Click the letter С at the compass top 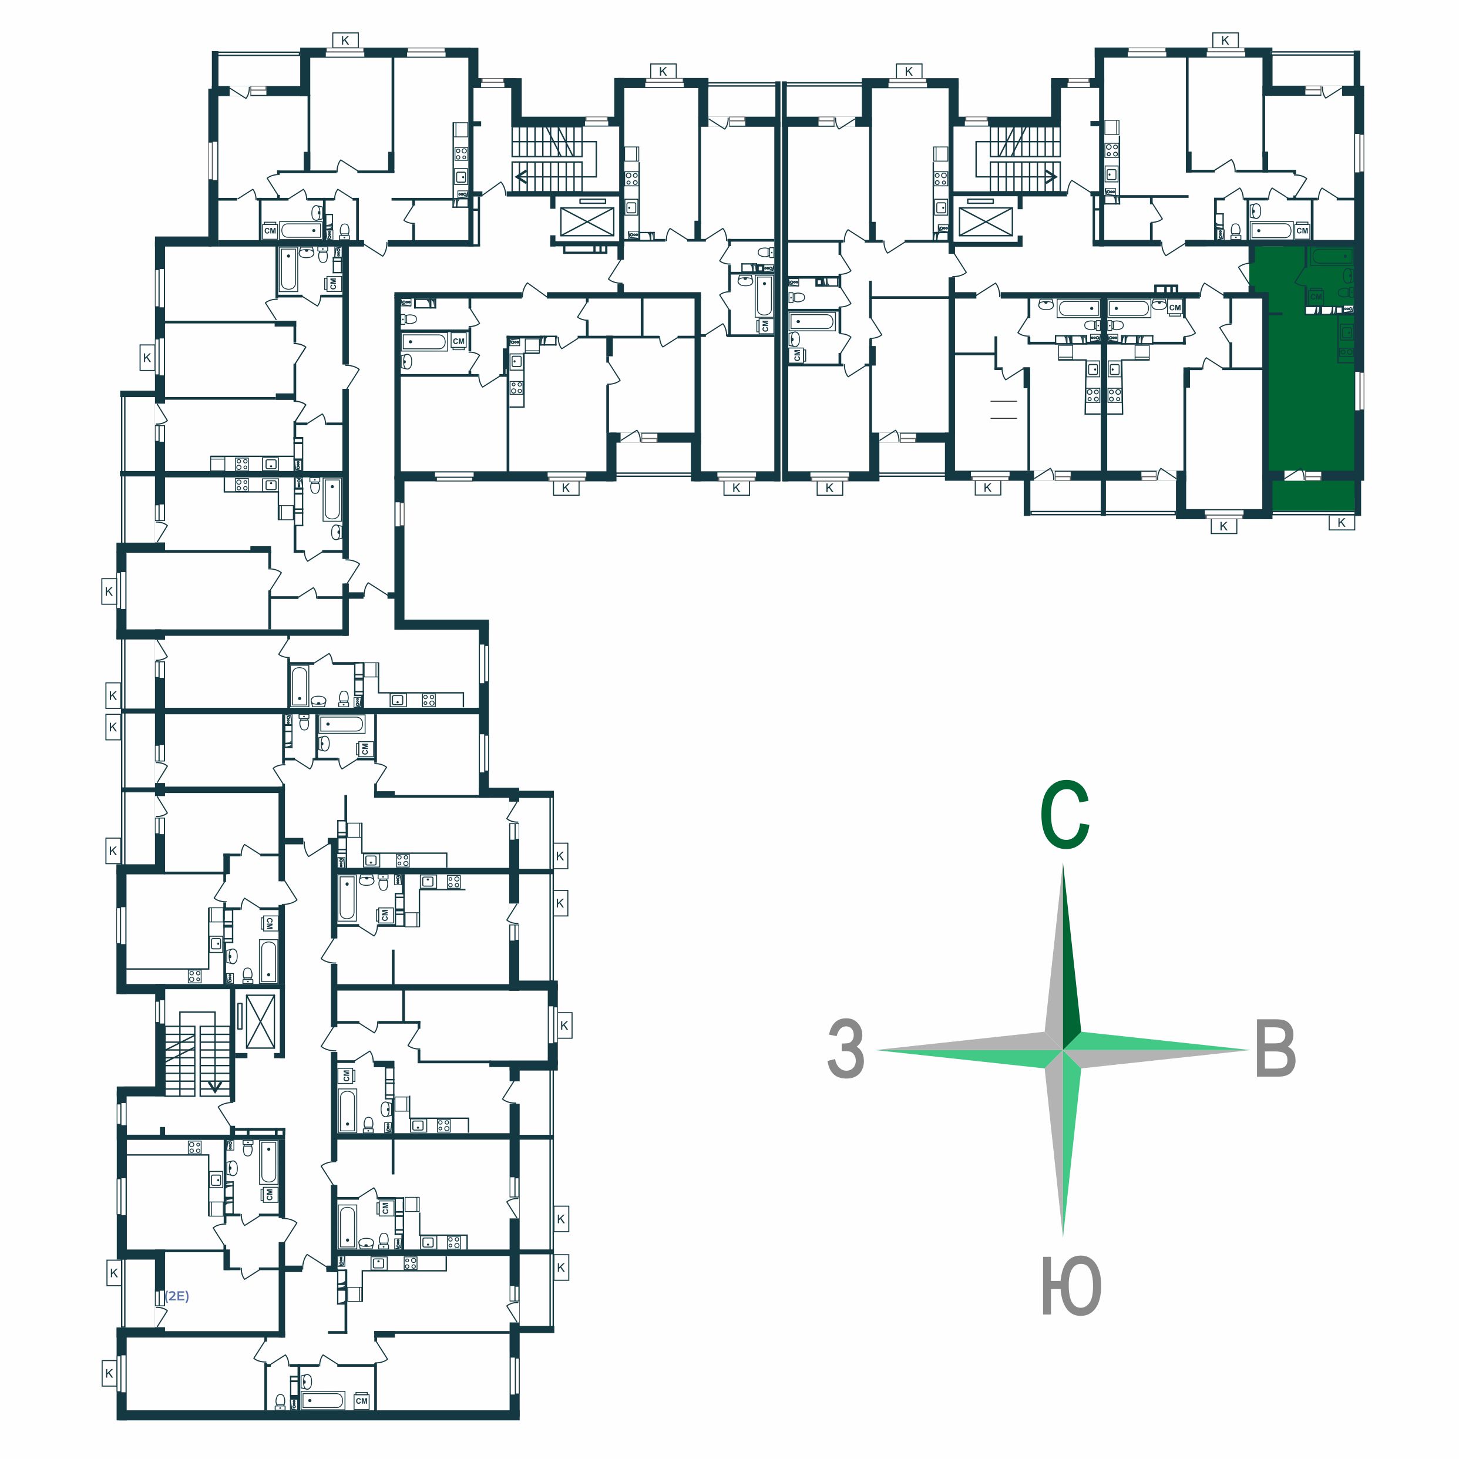click(x=1064, y=816)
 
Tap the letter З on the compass click(x=845, y=1049)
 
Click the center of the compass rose click(x=1063, y=1050)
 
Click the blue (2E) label click(x=177, y=1296)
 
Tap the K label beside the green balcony click(x=1341, y=523)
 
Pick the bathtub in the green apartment click(x=1333, y=257)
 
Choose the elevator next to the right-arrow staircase click(x=985, y=222)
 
